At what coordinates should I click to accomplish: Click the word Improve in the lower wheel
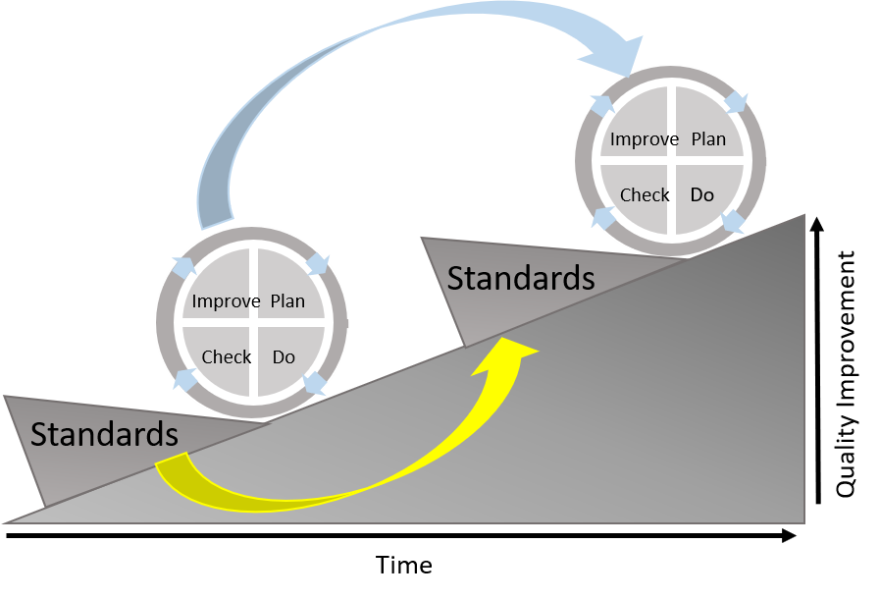point(226,301)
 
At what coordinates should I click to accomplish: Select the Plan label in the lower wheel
point(287,301)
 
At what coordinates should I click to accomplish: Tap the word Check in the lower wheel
point(227,357)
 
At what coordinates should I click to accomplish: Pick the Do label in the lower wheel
point(284,357)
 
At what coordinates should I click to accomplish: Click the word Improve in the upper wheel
point(644,139)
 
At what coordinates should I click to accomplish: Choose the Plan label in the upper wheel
point(708,139)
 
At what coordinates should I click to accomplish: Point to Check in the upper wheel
point(645,195)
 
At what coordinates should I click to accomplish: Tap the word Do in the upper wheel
point(701,195)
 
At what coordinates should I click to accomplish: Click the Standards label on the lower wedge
point(104,434)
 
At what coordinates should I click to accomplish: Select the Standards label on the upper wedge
point(521,279)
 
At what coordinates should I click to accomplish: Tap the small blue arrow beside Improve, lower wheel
point(184,267)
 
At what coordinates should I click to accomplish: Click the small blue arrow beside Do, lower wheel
point(315,382)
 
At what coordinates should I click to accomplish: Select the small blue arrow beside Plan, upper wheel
point(736,103)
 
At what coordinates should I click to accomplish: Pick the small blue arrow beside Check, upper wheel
point(604,219)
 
